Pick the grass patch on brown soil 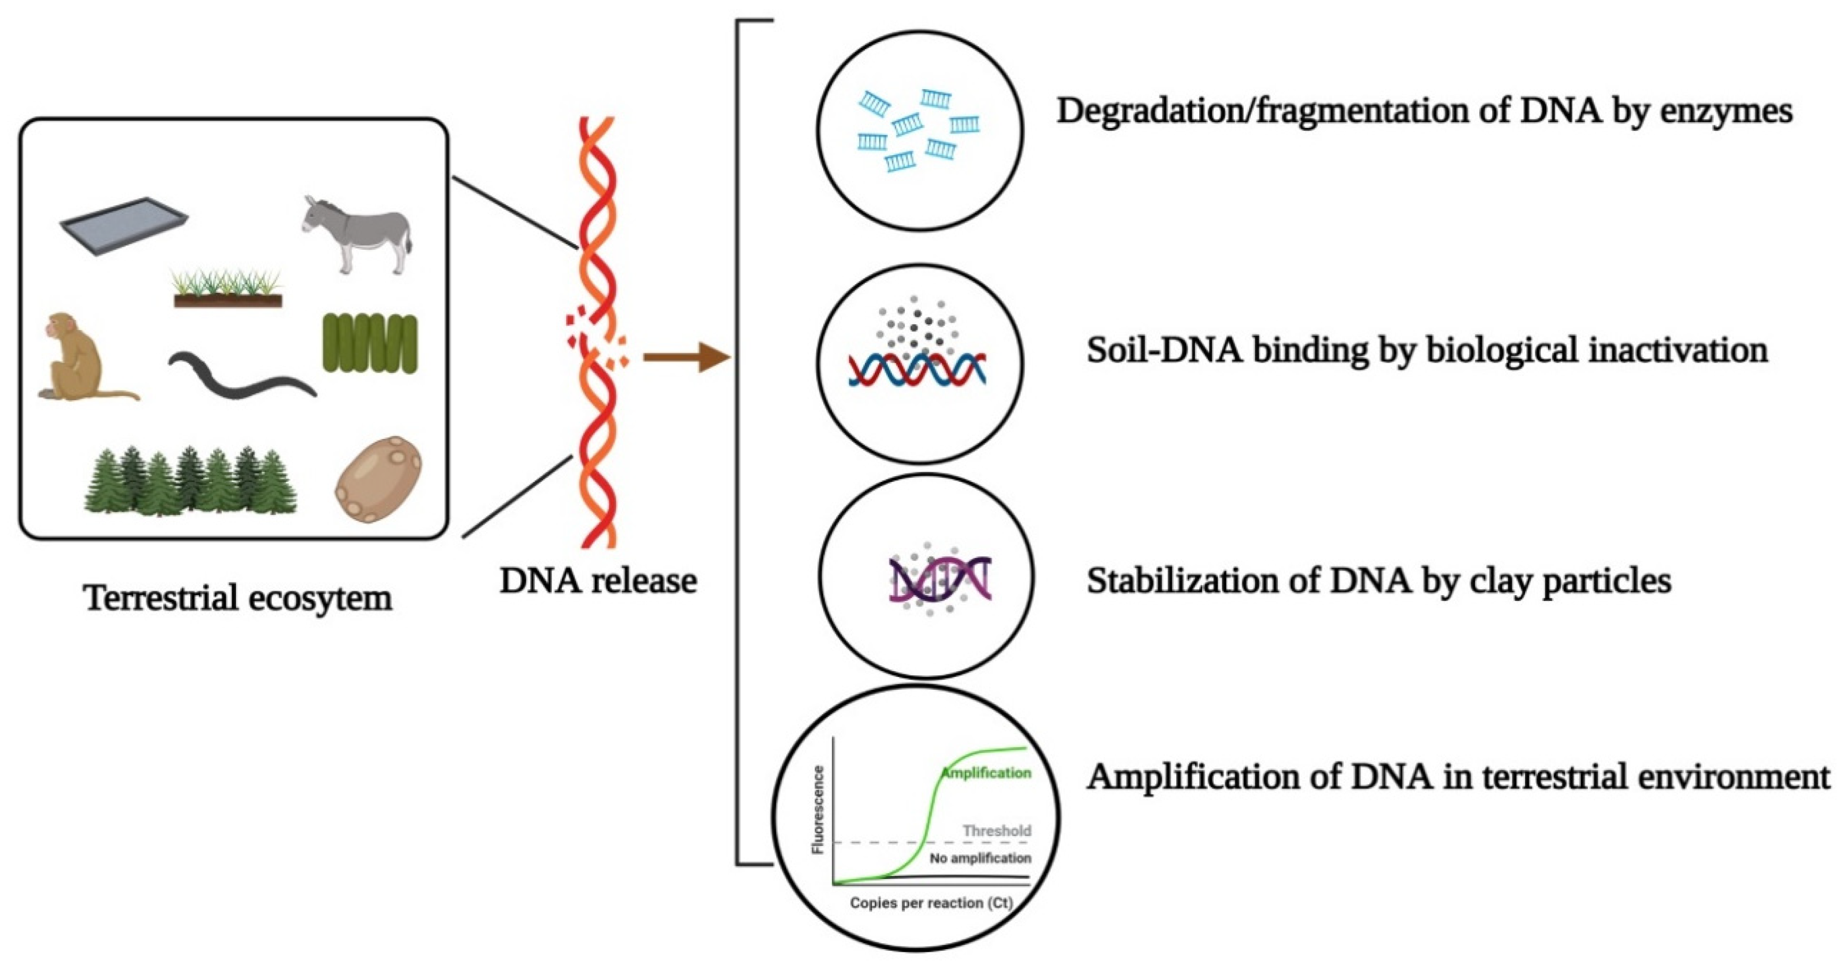coord(228,290)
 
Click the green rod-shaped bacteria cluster coord(369,343)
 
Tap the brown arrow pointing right coord(684,356)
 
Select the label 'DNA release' coord(597,581)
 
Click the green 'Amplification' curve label coord(987,773)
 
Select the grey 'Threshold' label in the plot coord(997,831)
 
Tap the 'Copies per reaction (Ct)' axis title coord(931,903)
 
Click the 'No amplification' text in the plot coord(980,858)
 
